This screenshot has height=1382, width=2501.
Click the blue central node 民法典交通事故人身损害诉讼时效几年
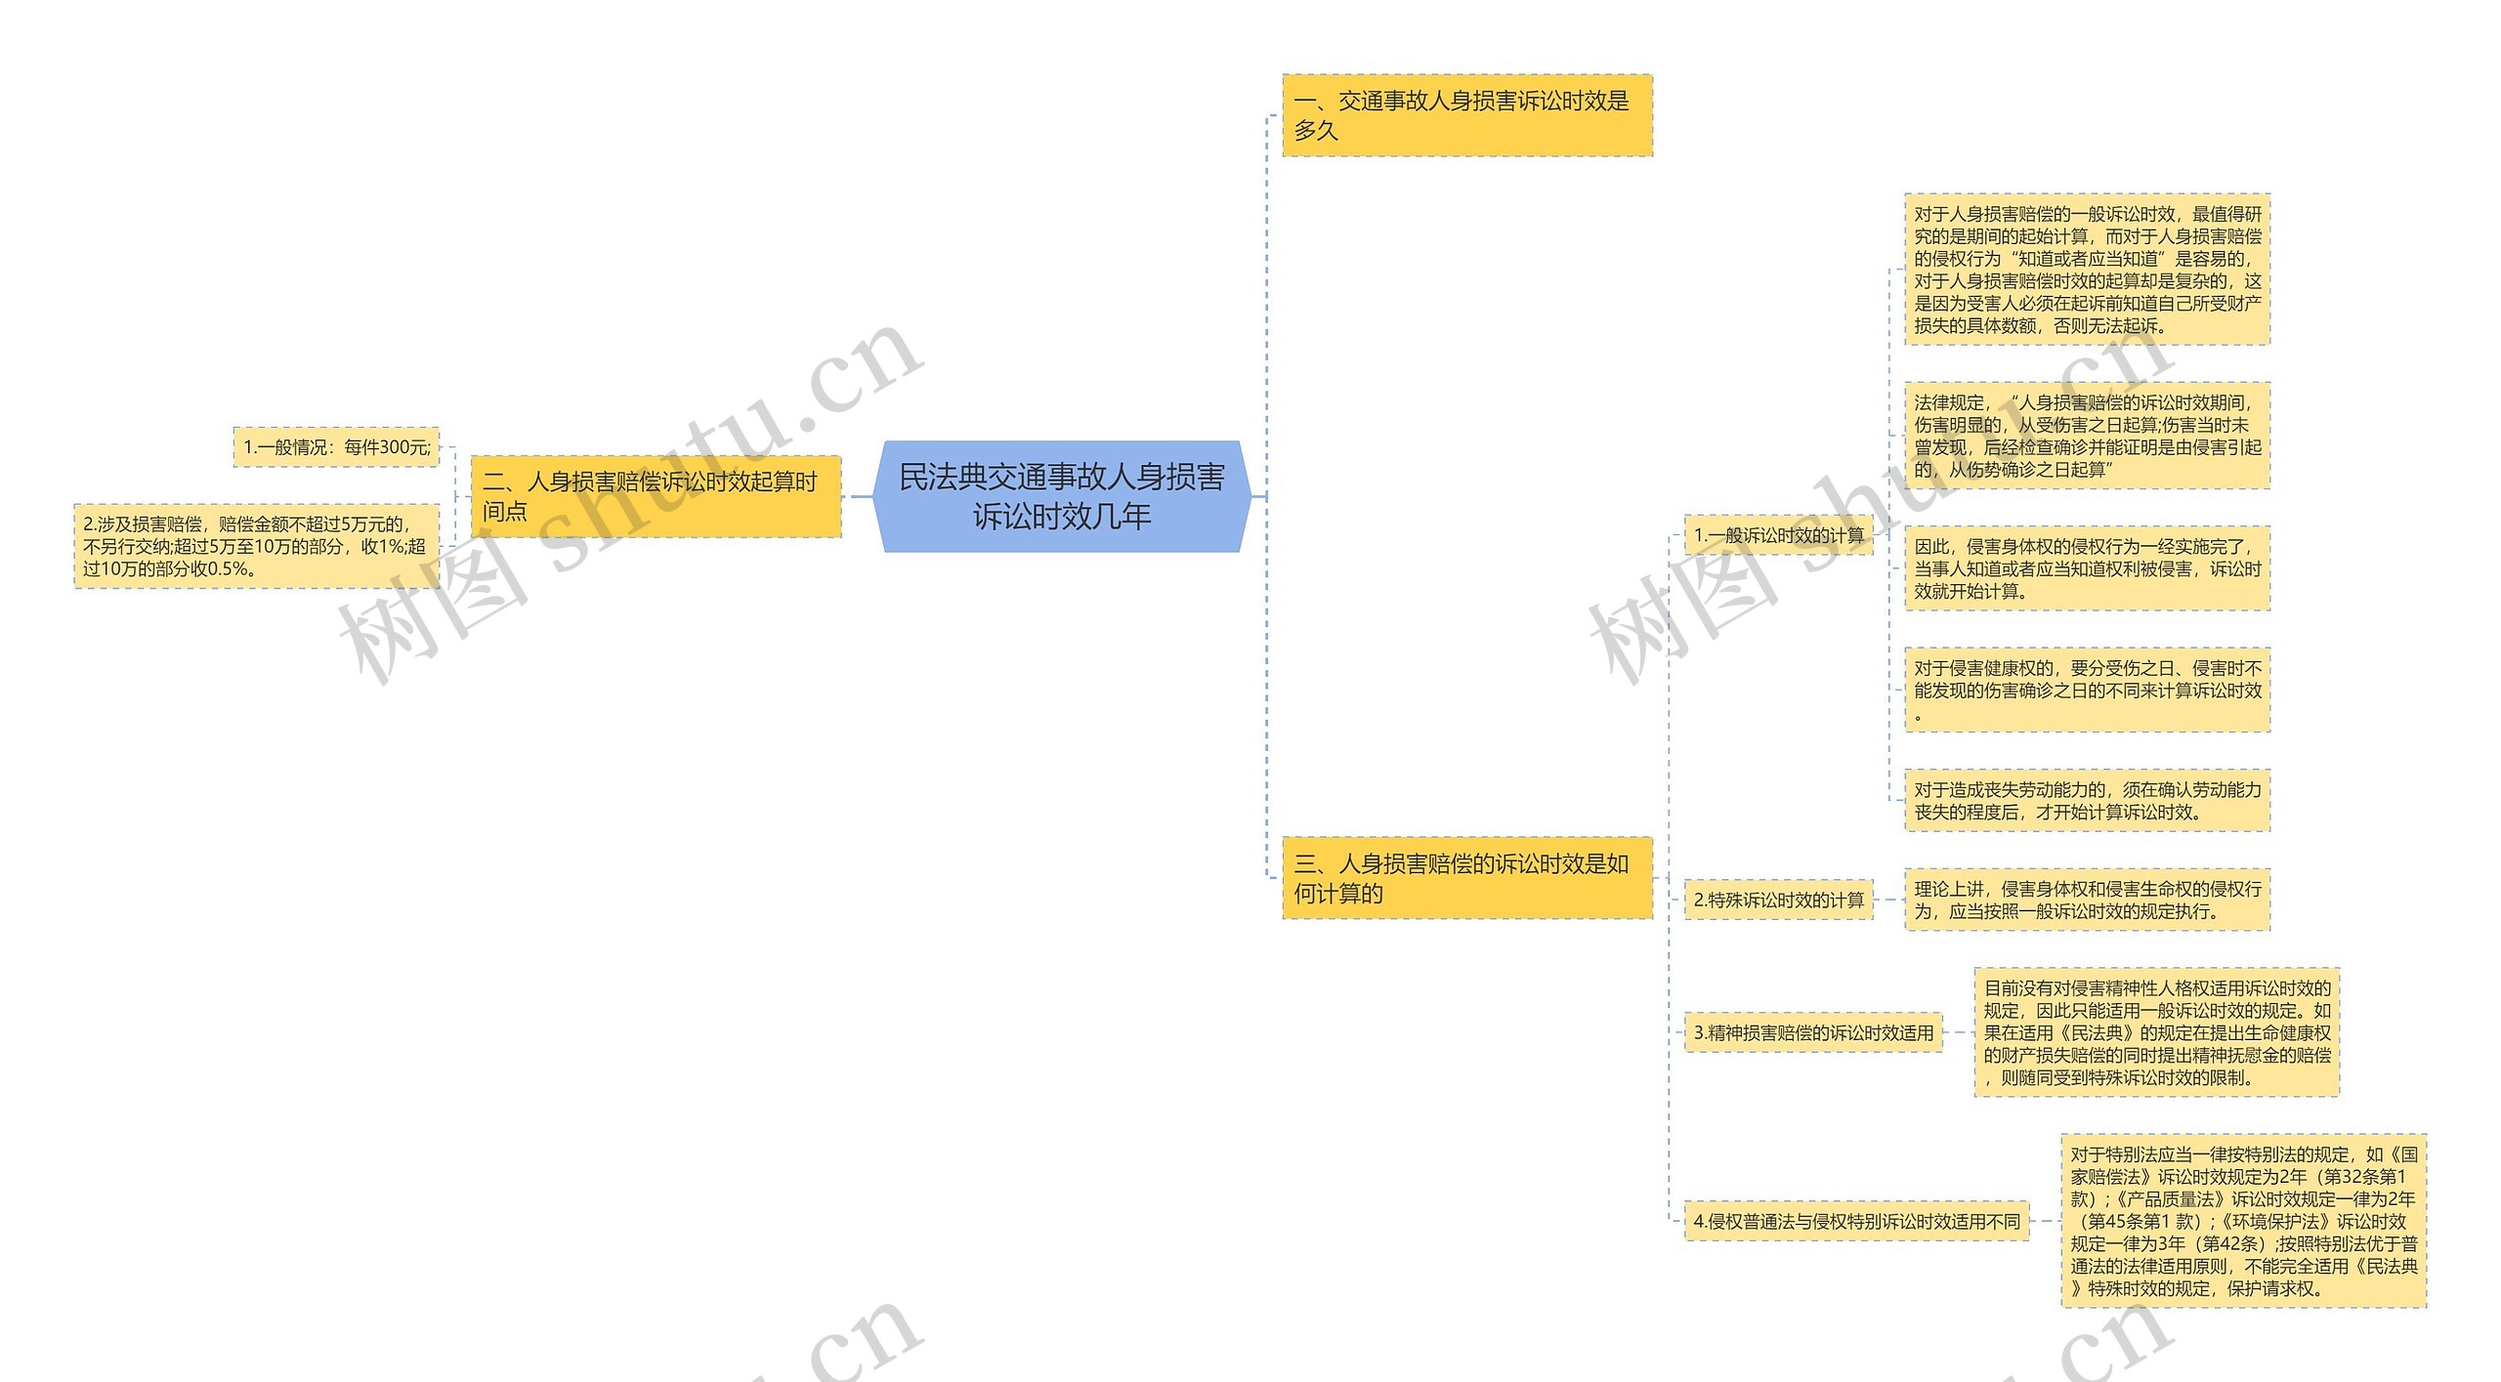pos(1061,496)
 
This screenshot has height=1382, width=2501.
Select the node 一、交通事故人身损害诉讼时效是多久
pos(1466,115)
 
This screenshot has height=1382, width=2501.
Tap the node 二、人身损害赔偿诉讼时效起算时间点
pos(655,496)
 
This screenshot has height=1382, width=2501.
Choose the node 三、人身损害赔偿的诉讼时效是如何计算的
pos(1466,878)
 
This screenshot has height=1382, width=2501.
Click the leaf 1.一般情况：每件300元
pos(336,447)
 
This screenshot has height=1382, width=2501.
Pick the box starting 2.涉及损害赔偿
pos(256,546)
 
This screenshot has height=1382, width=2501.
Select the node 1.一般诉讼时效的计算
pos(1778,535)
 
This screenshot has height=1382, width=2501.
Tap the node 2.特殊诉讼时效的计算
pos(1778,900)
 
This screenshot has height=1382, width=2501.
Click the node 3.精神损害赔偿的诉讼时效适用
pos(1813,1032)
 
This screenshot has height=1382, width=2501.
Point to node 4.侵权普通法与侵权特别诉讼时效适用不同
pos(1856,1221)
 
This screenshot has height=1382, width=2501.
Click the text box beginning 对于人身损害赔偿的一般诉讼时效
pos(2087,270)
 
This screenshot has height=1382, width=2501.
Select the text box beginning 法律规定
pos(2087,436)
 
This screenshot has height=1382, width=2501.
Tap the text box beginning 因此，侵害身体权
pos(2087,568)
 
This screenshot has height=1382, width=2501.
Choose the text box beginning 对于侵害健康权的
pos(2087,691)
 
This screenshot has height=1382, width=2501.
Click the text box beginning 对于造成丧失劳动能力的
pos(2087,801)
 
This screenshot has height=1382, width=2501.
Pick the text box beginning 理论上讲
pos(2087,900)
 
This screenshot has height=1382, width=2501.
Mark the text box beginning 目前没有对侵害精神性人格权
pos(2156,1032)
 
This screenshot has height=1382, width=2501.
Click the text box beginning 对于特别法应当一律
pos(2243,1221)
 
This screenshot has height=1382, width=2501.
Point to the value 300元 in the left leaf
pos(404,447)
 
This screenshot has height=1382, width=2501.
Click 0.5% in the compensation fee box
pos(227,568)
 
